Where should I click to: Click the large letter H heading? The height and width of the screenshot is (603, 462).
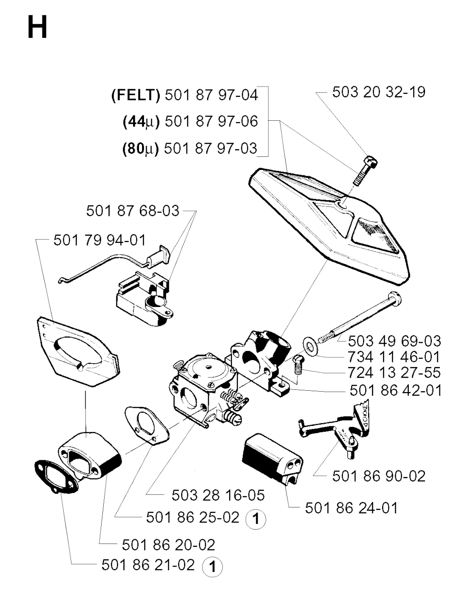37,27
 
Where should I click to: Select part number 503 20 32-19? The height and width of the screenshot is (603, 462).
379,92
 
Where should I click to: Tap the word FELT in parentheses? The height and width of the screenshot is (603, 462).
135,96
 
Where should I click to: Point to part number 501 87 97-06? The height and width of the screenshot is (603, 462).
211,121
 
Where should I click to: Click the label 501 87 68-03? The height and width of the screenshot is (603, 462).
133,211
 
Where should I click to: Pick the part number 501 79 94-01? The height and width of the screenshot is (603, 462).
100,240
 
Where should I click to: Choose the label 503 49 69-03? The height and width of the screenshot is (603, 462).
394,341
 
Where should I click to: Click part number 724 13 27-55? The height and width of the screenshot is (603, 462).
394,373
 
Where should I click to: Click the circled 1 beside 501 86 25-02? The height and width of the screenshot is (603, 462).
256,519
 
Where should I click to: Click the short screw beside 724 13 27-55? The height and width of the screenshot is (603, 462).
298,365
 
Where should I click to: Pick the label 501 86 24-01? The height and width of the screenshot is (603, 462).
351,508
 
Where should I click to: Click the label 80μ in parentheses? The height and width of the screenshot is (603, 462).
141,149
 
